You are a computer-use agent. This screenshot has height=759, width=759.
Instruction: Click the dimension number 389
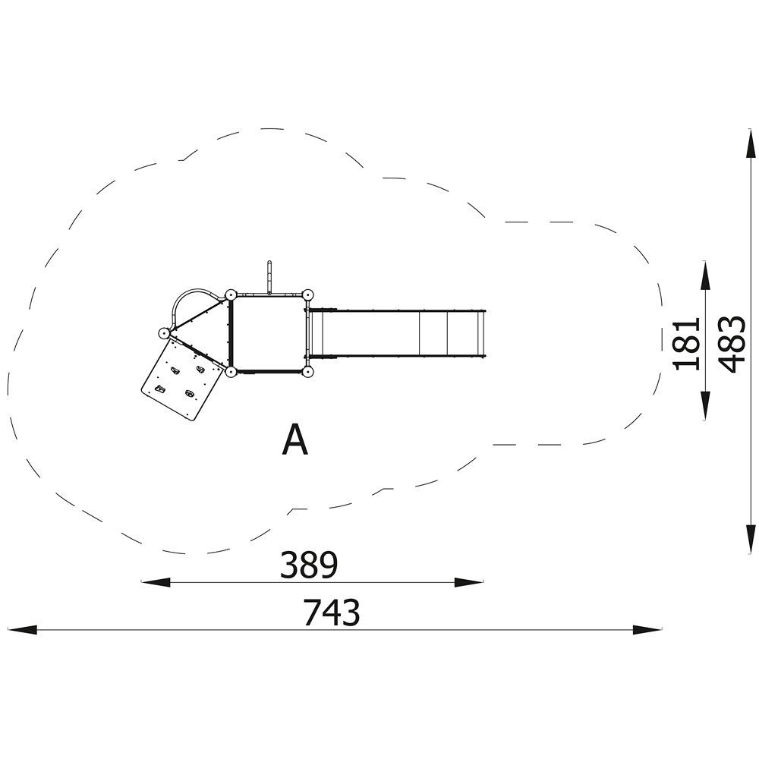click(x=309, y=565)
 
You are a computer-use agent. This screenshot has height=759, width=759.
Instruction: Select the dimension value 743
click(x=332, y=613)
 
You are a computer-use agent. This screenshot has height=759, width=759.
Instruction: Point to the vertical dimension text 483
click(x=732, y=344)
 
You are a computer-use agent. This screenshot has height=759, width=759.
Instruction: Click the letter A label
click(x=294, y=439)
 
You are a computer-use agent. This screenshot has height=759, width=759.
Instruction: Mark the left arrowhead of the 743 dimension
click(x=22, y=630)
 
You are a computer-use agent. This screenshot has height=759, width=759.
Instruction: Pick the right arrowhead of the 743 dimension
click(x=647, y=630)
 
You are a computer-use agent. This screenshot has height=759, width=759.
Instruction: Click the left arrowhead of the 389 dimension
click(x=156, y=582)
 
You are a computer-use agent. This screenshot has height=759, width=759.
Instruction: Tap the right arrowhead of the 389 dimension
click(x=469, y=582)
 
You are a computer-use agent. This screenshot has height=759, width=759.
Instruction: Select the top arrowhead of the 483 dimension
click(x=751, y=143)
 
